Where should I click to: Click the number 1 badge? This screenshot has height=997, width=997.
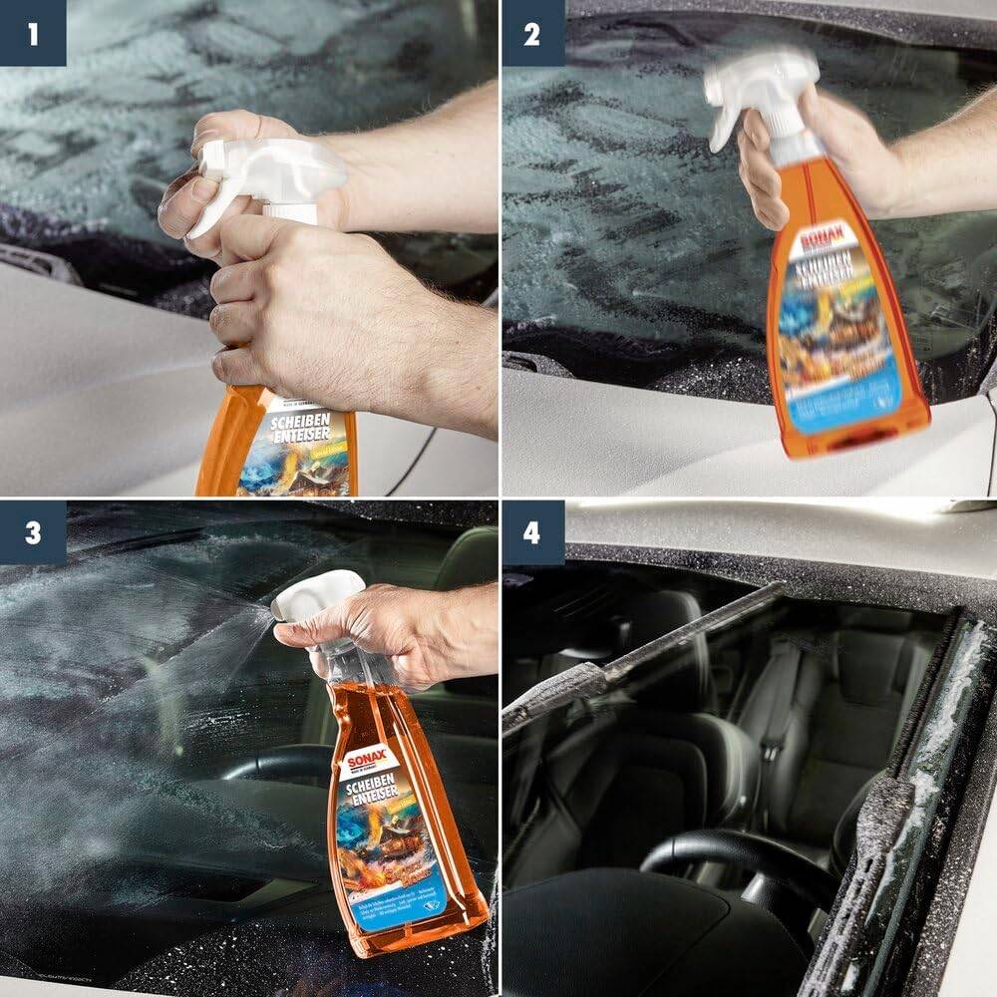(x=32, y=32)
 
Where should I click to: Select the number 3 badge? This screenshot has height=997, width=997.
(x=32, y=532)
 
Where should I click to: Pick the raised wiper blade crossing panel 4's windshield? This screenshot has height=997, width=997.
(x=638, y=658)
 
